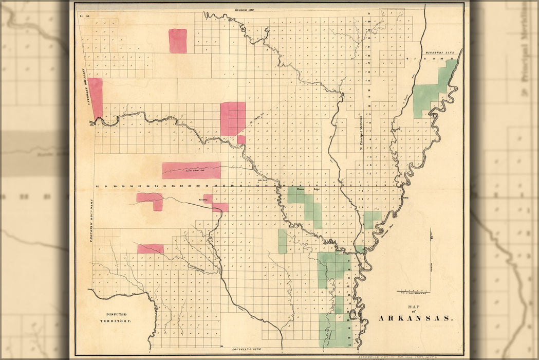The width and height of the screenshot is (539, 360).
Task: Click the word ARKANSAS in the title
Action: (416, 318)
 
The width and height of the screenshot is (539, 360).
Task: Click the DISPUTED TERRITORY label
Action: (116, 317)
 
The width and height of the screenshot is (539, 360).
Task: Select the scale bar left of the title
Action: (413, 292)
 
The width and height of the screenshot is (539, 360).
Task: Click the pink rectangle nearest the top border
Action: (178, 41)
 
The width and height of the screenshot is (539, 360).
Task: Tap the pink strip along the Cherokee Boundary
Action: (96, 98)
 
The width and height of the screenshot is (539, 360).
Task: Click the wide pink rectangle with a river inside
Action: (191, 170)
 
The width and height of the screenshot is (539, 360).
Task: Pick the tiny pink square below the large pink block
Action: (241, 139)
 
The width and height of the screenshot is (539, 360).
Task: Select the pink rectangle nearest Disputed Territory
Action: (150, 249)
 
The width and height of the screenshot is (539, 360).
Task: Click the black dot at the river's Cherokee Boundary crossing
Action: (93, 122)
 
